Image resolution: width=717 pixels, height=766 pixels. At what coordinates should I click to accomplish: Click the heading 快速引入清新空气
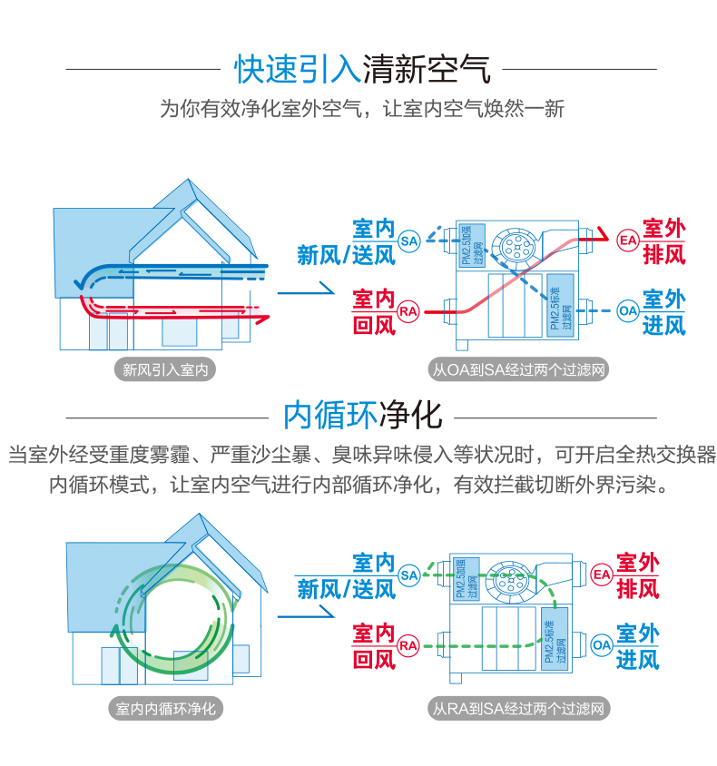(362, 68)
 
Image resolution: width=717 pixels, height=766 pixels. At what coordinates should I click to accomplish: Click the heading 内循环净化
(362, 415)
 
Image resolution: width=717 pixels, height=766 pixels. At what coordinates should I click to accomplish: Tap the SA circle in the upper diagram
(408, 241)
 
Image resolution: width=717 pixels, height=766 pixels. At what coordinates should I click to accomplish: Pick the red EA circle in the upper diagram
(627, 241)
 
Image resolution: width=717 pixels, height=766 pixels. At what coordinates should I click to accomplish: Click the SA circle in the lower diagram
(409, 574)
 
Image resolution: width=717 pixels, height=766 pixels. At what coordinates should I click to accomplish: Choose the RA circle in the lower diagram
(409, 645)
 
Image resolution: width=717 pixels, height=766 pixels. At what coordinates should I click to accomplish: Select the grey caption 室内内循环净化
(166, 708)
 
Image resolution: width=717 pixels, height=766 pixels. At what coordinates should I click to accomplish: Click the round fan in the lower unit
(508, 578)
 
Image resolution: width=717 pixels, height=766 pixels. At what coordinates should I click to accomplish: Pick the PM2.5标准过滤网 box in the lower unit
(553, 645)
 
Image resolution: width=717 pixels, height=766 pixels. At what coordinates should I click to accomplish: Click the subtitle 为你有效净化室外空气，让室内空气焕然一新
(362, 109)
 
